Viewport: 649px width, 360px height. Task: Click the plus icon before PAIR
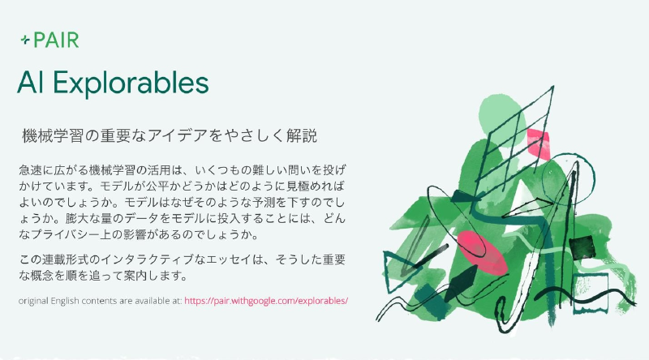[25, 40]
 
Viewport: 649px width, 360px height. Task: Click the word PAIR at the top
[56, 40]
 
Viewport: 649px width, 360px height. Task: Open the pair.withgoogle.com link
[266, 300]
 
